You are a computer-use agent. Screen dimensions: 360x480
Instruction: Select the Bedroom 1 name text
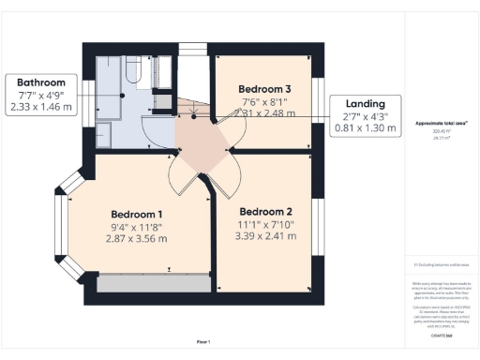click(x=138, y=213)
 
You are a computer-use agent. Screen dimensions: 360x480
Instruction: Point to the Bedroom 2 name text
click(x=265, y=212)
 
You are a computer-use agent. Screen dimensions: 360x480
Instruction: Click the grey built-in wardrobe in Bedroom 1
click(x=155, y=282)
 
